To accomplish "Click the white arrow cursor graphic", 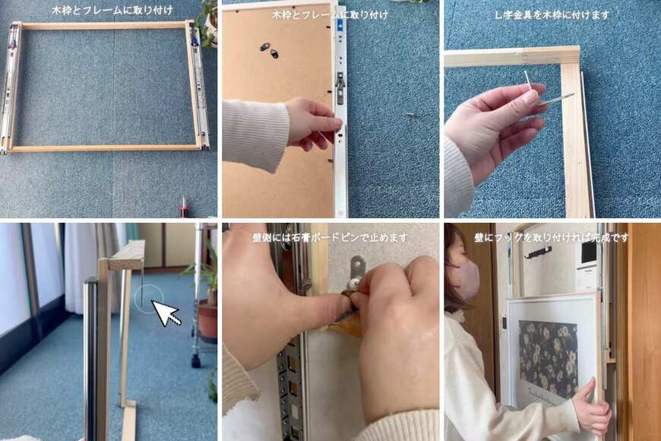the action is click(166, 313).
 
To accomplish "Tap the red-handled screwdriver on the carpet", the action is click(184, 208).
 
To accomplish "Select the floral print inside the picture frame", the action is click(548, 359).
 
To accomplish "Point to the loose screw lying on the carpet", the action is click(410, 114).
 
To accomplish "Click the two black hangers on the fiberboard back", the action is click(270, 49).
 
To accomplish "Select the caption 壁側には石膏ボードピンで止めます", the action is click(330, 237).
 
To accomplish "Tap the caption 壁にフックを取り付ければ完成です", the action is click(552, 237).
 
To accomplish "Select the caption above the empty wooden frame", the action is click(112, 11).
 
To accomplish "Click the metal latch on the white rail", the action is click(340, 87).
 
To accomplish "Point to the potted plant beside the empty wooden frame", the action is click(207, 24).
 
